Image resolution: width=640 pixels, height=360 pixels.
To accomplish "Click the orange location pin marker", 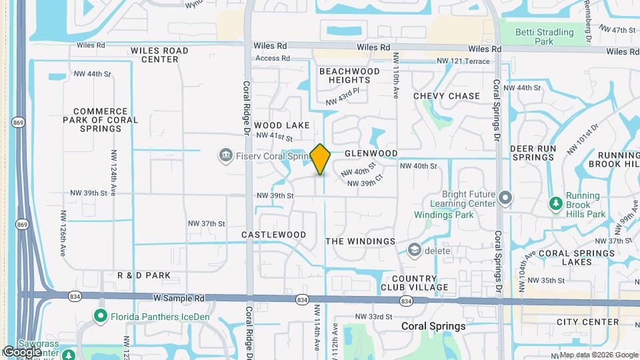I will [x=320, y=159].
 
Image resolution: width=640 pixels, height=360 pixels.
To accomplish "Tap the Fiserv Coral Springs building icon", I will [x=225, y=155].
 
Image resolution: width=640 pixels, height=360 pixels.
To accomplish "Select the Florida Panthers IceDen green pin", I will [x=101, y=316].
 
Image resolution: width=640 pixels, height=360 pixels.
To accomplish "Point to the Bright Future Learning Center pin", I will [x=505, y=198].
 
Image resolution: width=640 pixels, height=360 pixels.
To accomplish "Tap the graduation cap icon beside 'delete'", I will [x=414, y=250].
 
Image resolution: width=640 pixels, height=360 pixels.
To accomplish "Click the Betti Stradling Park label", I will [x=545, y=37].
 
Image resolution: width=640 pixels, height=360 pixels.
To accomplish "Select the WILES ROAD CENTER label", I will [x=159, y=55].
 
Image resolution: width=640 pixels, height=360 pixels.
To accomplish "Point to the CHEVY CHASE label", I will [x=447, y=96].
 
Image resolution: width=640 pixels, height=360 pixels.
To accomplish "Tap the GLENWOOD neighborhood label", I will [x=371, y=153].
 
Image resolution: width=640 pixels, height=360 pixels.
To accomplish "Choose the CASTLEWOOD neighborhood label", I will [x=273, y=235].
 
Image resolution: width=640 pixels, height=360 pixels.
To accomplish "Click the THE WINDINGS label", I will [x=361, y=241].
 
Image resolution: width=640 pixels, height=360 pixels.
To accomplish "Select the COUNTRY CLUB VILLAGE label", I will [x=420, y=283].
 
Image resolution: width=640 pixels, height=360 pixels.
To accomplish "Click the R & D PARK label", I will [x=144, y=275].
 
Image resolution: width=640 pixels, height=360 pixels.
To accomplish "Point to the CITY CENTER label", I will [x=588, y=322].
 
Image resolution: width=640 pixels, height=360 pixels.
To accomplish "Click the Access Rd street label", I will [x=273, y=59].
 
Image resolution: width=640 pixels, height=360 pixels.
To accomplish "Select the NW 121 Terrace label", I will [x=463, y=61].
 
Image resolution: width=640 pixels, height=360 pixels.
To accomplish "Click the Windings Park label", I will [x=443, y=215].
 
